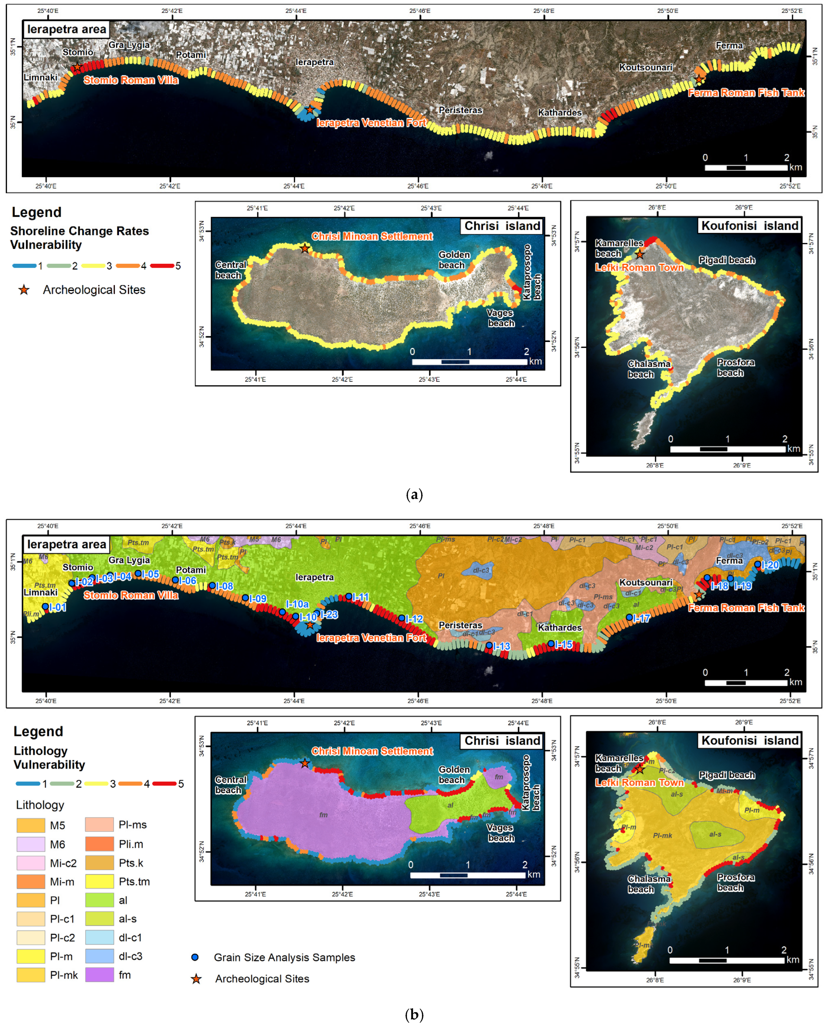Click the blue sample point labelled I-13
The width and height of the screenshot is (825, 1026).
(x=489, y=645)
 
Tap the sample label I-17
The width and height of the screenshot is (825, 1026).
(x=641, y=618)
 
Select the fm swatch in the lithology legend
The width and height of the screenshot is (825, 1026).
(x=100, y=975)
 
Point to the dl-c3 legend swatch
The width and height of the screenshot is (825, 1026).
(x=100, y=956)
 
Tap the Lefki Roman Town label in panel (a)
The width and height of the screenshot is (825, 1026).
(x=639, y=267)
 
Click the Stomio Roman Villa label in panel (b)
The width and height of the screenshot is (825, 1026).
(x=131, y=595)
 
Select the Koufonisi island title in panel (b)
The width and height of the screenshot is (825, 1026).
(x=750, y=740)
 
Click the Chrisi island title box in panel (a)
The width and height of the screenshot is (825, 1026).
(x=502, y=226)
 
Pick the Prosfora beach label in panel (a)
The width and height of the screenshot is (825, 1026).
(x=735, y=367)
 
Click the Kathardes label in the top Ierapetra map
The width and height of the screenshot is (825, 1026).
(x=559, y=112)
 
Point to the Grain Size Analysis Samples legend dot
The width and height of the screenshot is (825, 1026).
(x=195, y=957)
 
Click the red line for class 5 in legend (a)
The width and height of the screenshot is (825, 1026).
(x=162, y=266)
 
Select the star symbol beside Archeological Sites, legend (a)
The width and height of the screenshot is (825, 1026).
(x=24, y=290)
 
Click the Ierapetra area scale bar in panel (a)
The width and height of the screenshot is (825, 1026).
(x=746, y=168)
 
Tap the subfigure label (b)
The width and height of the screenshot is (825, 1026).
(x=414, y=1014)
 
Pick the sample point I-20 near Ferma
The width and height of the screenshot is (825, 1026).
(x=758, y=564)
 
